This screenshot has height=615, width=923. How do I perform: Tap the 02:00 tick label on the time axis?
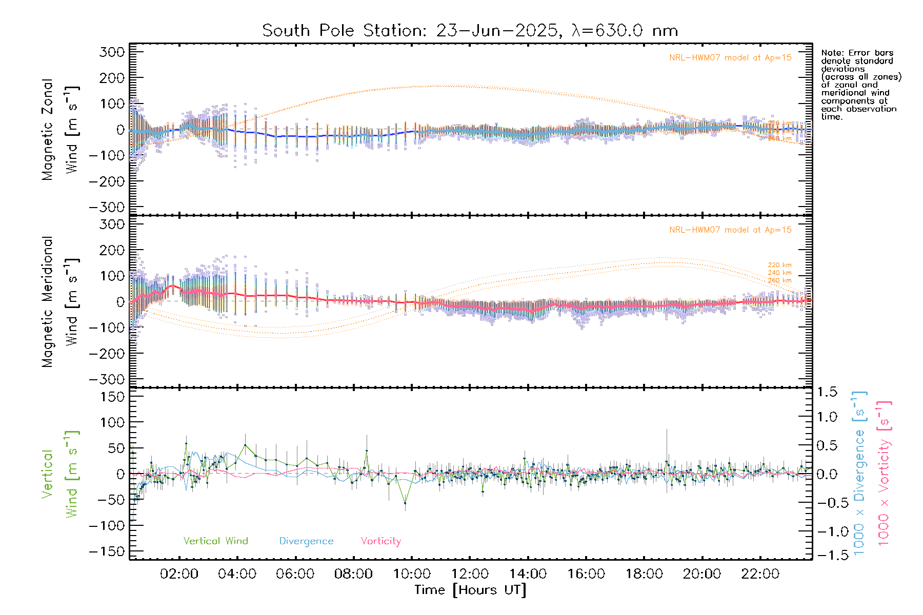(x=179, y=574)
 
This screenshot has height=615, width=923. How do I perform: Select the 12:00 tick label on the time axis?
(x=470, y=574)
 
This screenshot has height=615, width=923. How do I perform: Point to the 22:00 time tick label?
(x=760, y=574)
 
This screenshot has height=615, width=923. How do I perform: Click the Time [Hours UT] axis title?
(x=470, y=590)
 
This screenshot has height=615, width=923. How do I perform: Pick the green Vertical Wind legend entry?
(x=215, y=541)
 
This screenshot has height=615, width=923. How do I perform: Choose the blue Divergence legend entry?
(x=306, y=541)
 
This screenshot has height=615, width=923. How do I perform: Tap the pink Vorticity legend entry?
(x=380, y=541)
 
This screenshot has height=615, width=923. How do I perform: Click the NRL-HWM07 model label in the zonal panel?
(x=730, y=58)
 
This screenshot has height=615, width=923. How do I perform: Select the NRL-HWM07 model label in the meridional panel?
(x=730, y=230)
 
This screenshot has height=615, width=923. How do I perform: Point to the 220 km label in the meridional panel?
(x=779, y=265)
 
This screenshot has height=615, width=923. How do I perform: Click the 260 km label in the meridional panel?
(x=779, y=280)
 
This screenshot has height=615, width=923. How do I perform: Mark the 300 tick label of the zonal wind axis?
(x=112, y=52)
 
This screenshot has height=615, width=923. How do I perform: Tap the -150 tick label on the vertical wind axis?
(x=107, y=551)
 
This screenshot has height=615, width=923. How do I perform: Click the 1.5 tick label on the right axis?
(x=827, y=392)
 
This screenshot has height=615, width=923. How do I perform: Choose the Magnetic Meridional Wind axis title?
(x=61, y=302)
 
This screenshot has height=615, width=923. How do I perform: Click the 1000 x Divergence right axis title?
(x=859, y=473)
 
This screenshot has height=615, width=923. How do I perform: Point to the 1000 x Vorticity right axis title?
(x=884, y=473)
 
